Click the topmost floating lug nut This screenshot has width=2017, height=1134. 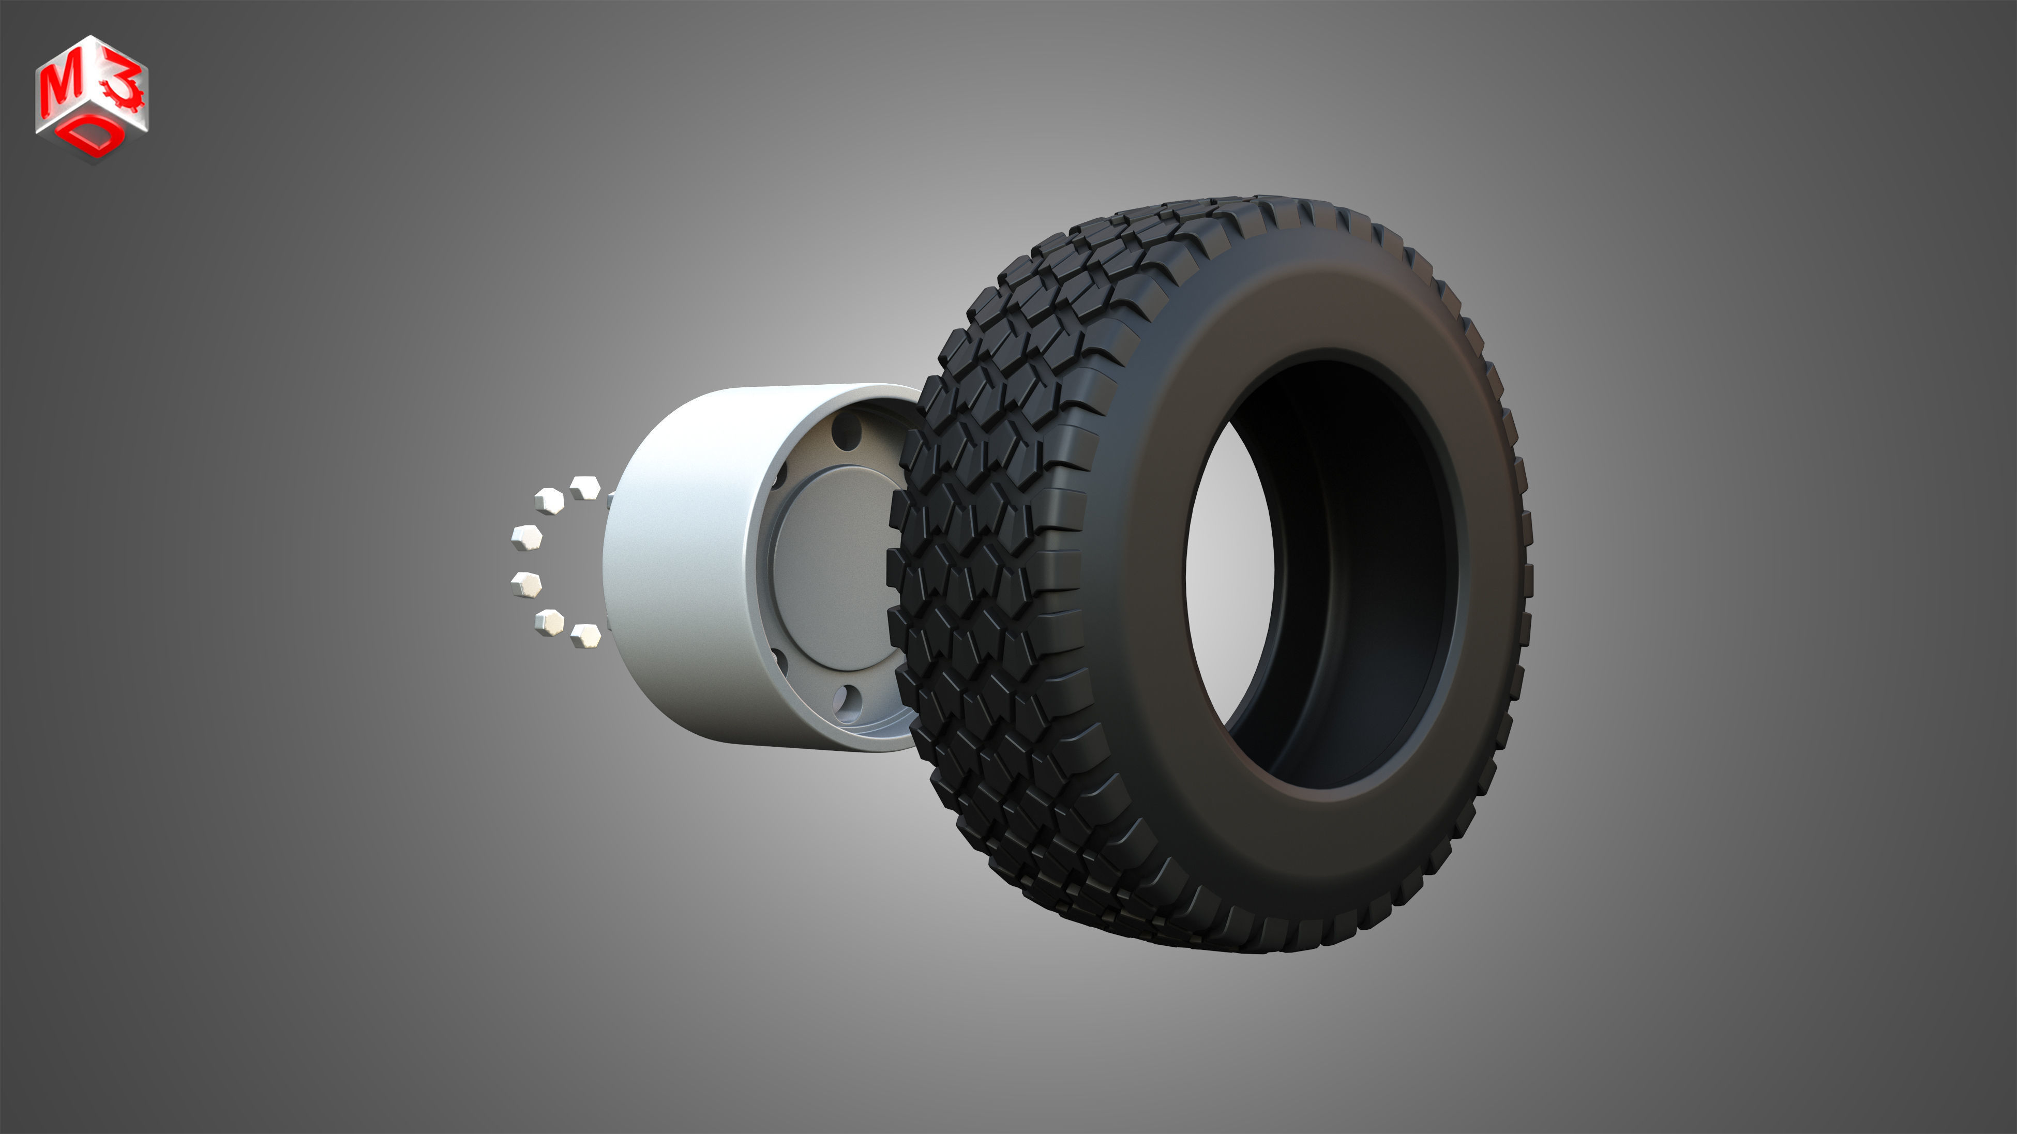[x=584, y=488]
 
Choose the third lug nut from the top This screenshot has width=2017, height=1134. [x=527, y=538]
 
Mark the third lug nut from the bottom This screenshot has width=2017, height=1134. [x=526, y=584]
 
